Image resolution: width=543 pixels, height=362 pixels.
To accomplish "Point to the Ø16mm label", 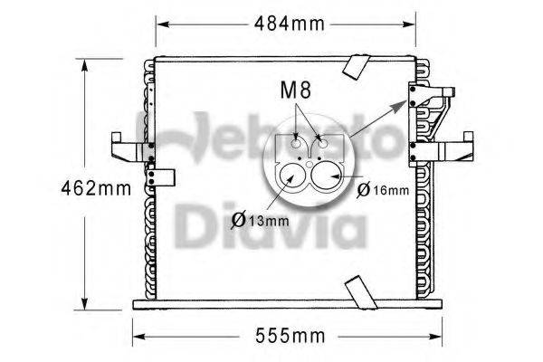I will point(384,189).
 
